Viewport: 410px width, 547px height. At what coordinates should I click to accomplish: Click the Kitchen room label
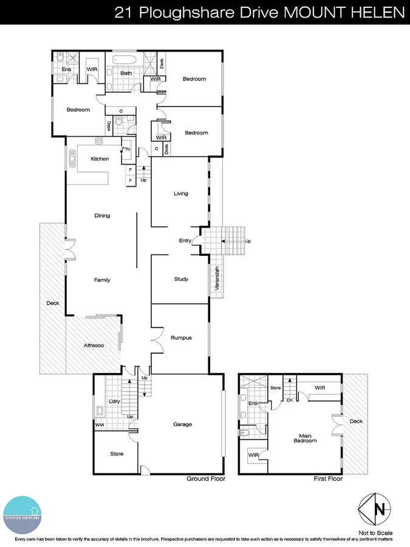click(x=100, y=159)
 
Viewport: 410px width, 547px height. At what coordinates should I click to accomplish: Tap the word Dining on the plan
click(x=102, y=216)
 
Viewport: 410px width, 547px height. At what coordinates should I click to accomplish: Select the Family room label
click(x=101, y=280)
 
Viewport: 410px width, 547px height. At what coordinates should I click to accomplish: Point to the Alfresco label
click(x=94, y=346)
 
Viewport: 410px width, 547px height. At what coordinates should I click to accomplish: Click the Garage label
click(x=182, y=424)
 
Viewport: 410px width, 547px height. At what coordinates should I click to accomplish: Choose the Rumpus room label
click(x=181, y=338)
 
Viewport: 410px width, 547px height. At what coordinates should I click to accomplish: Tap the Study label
click(x=181, y=280)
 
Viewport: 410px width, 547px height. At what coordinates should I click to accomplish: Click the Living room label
click(x=181, y=194)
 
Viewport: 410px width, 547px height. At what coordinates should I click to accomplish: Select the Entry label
click(x=185, y=241)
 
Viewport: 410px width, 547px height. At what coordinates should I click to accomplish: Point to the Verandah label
click(x=216, y=281)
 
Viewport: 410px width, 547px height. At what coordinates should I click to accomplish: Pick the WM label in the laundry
click(x=99, y=425)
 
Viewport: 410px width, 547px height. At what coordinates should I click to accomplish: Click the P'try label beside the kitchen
click(x=126, y=149)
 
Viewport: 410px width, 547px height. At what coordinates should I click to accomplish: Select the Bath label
click(x=126, y=74)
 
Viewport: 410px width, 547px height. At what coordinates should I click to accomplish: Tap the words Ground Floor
click(x=206, y=479)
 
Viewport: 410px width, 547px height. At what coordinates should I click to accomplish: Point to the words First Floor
click(x=328, y=479)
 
